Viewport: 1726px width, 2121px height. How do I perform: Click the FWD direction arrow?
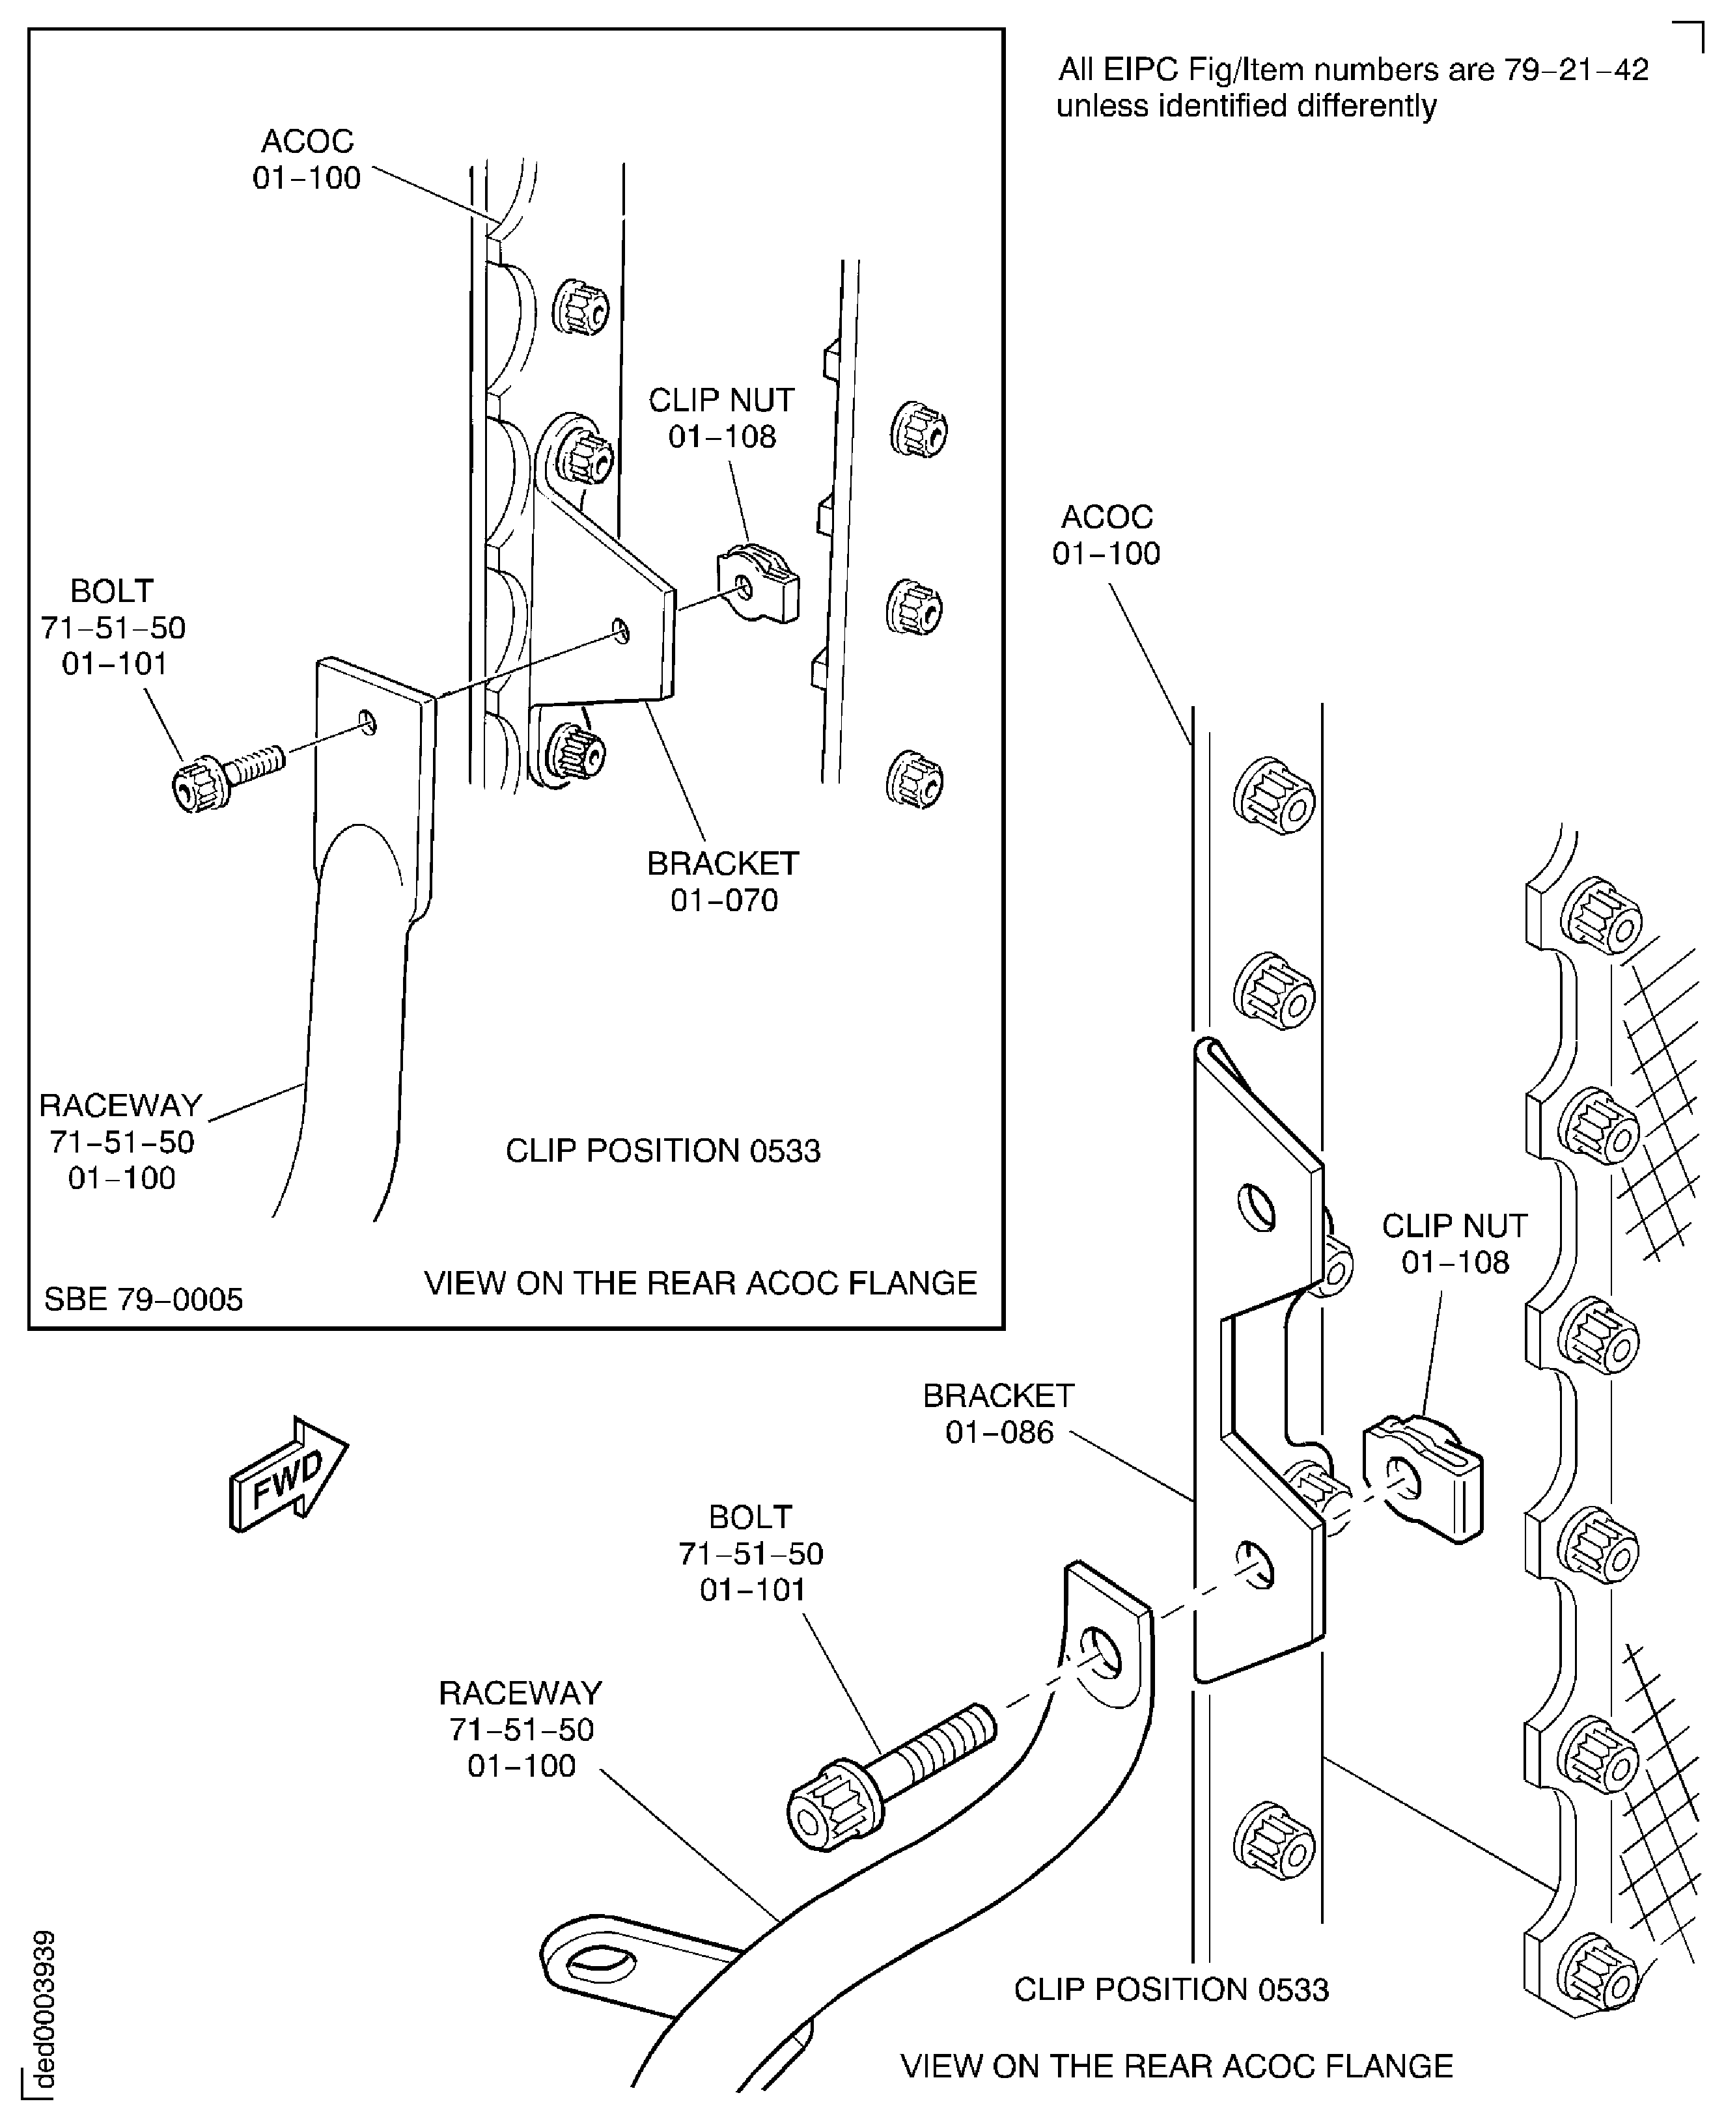(x=288, y=1474)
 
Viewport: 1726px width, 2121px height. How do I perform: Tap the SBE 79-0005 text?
(x=143, y=1299)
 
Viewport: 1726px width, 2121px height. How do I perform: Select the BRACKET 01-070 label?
(x=723, y=882)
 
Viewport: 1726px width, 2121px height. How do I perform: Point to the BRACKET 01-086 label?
(x=998, y=1414)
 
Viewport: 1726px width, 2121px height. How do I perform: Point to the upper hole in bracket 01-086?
(x=1257, y=1208)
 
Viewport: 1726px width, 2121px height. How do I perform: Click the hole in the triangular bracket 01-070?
(x=621, y=630)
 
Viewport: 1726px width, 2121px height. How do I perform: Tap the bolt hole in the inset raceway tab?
(x=368, y=722)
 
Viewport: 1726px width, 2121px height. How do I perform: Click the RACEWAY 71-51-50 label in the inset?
(x=120, y=1141)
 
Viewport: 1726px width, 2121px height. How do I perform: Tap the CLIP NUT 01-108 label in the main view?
(x=1455, y=1244)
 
